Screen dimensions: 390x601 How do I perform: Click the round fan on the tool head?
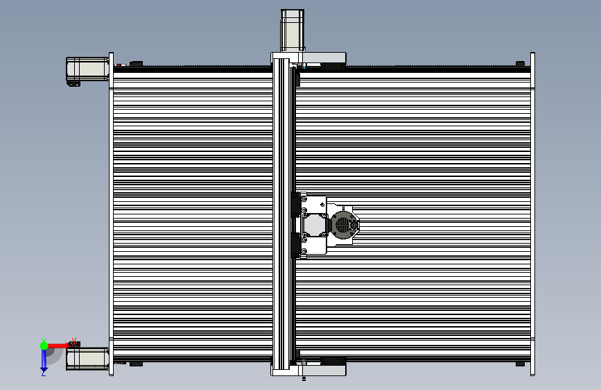(x=342, y=224)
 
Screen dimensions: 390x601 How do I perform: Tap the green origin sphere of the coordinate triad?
(x=44, y=345)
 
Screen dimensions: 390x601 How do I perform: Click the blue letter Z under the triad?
(x=43, y=373)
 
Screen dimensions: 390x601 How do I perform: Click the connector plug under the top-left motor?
(x=73, y=84)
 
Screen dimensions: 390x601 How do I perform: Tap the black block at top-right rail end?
(x=520, y=65)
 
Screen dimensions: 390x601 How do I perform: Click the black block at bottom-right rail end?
(x=520, y=363)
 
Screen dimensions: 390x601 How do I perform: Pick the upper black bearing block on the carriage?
(x=296, y=205)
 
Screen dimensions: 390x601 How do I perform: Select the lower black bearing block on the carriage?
(x=296, y=244)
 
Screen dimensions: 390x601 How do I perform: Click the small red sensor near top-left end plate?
(x=119, y=66)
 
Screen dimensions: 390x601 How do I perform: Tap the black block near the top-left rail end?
(x=136, y=65)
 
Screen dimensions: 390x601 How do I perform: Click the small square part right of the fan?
(x=357, y=224)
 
